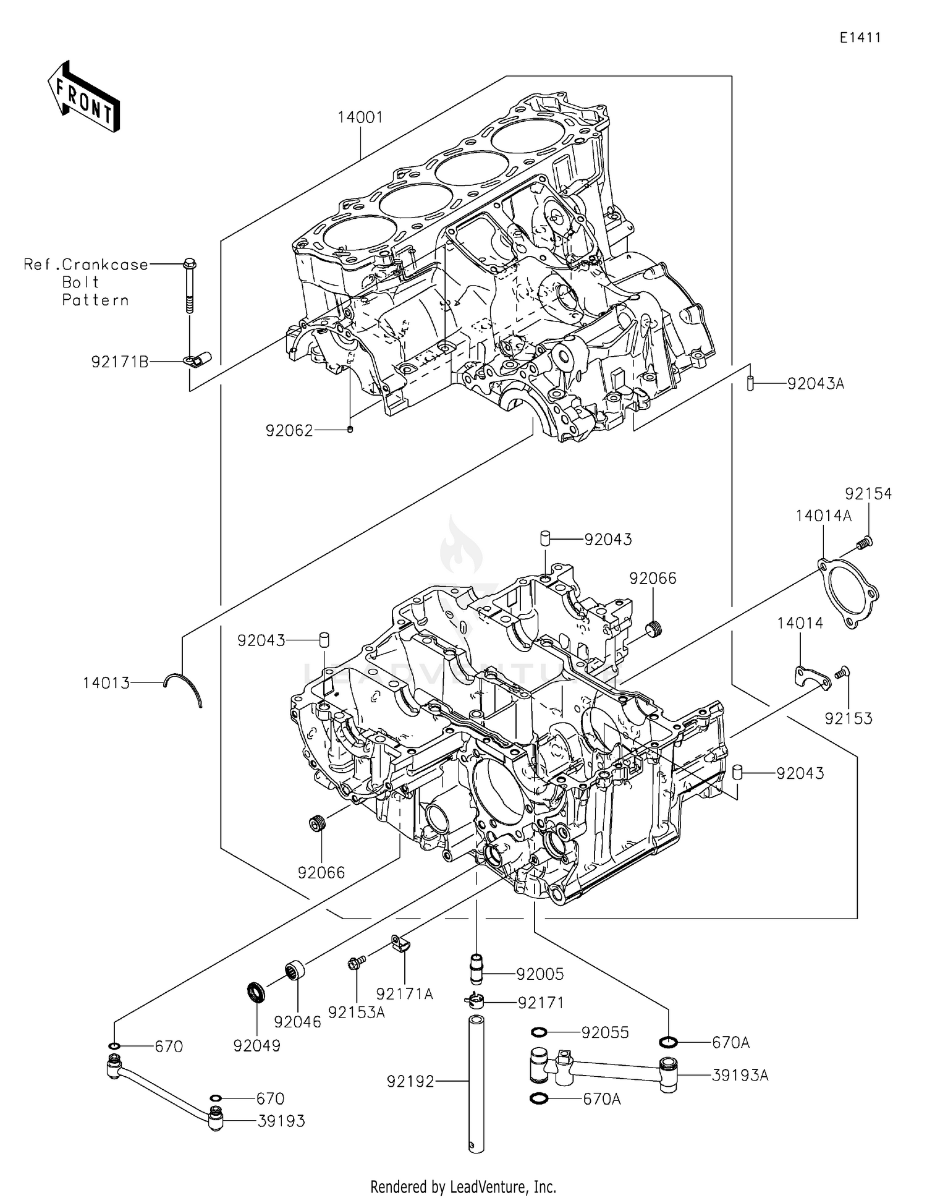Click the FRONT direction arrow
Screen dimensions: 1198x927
click(x=83, y=97)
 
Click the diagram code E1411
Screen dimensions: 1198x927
click(x=860, y=38)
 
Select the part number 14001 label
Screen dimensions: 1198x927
click(x=360, y=117)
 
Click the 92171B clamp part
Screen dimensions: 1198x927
click(x=198, y=359)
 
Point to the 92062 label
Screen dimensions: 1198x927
click(x=289, y=431)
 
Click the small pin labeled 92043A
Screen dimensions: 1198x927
click(x=749, y=383)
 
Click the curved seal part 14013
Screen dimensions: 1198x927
click(x=184, y=687)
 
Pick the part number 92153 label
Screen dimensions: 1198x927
click(x=849, y=718)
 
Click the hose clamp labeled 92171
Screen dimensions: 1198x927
click(x=474, y=1000)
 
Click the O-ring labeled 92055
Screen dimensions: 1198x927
click(x=538, y=1032)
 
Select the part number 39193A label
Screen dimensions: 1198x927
click(x=740, y=1075)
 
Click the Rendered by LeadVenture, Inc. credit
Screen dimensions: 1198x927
click(x=463, y=1186)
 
